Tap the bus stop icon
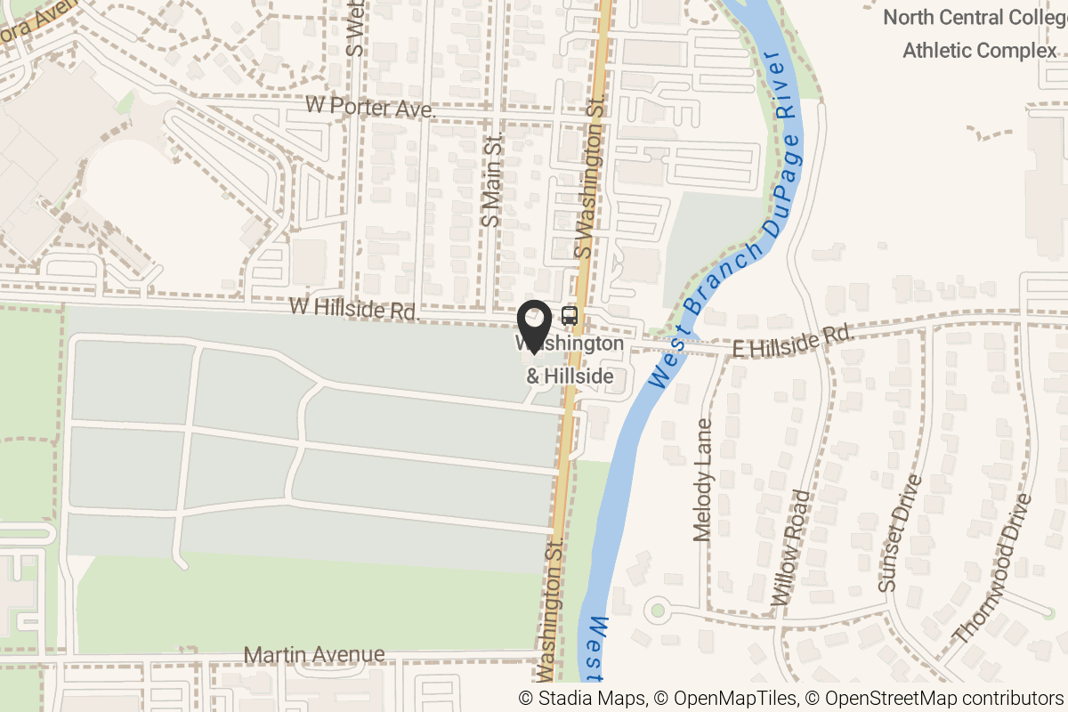pyautogui.click(x=569, y=315)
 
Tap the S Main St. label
pyautogui.click(x=491, y=180)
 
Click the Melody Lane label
pyautogui.click(x=703, y=481)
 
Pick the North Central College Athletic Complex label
pyautogui.click(x=979, y=34)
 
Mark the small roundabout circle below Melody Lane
pyautogui.click(x=658, y=611)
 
